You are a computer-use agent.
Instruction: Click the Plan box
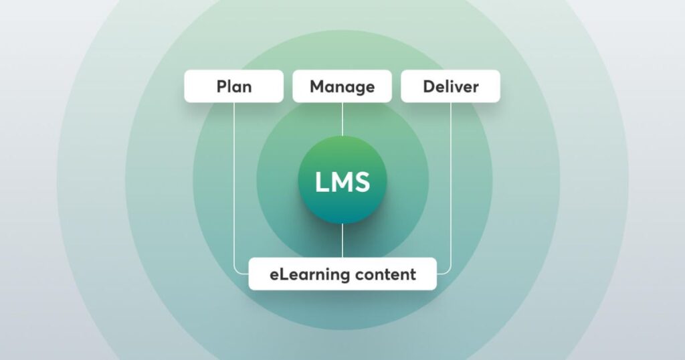pos(233,86)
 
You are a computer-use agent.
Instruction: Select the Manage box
pos(342,86)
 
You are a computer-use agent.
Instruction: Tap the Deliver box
pos(450,86)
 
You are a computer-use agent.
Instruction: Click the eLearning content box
pos(342,274)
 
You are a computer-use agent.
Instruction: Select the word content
pos(387,274)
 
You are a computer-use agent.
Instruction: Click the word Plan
pos(233,87)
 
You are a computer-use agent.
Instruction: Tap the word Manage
pos(342,87)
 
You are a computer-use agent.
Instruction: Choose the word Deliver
pos(450,87)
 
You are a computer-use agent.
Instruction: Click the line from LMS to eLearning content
pos(342,241)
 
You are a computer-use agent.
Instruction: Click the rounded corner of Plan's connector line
pos(236,272)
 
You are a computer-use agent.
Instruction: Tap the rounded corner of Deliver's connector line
pos(448,272)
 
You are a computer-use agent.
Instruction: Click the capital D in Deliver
pos(428,87)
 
